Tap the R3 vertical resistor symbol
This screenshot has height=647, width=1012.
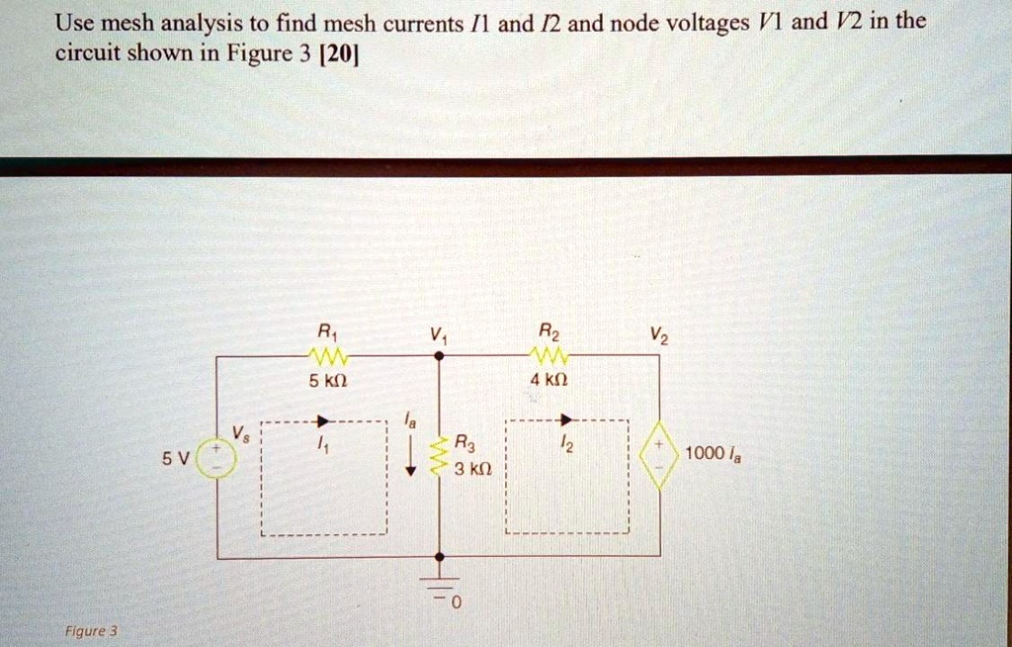(x=440, y=456)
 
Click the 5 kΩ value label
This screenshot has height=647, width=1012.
(x=327, y=379)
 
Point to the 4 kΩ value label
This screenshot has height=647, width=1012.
(x=548, y=379)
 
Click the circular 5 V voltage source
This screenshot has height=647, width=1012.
(x=217, y=459)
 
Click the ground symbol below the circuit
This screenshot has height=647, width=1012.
(x=439, y=587)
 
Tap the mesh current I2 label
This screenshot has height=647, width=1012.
(x=565, y=446)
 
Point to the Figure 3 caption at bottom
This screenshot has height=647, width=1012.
(x=91, y=630)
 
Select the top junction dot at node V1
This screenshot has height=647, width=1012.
(x=439, y=355)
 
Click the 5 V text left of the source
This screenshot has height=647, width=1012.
(x=174, y=459)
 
